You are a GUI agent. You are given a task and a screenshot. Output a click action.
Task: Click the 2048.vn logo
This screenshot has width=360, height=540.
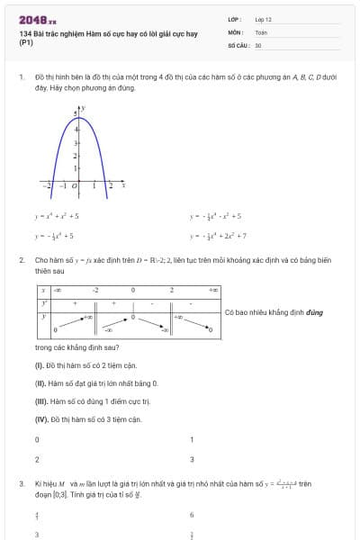37,19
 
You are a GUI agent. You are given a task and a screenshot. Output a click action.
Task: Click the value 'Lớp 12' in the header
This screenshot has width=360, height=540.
263,19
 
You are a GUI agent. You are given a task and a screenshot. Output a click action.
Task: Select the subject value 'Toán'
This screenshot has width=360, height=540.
261,31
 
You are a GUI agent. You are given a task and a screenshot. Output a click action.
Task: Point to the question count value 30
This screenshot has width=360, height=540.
258,44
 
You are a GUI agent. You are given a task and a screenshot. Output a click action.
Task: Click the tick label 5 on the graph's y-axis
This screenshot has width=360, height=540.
76,112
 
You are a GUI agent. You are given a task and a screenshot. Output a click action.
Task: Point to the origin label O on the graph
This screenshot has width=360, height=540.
75,187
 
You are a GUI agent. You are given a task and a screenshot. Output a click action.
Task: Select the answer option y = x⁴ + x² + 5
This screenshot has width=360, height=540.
58,216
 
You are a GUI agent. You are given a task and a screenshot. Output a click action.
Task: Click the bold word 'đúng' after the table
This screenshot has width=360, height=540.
315,312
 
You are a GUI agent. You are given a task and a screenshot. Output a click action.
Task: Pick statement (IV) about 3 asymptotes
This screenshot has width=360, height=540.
88,419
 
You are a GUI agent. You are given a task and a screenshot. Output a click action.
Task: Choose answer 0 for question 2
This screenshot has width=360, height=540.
37,439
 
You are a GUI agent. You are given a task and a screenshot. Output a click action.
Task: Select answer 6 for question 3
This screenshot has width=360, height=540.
192,515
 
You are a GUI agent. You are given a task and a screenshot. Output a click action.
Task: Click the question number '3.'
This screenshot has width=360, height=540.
21,484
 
